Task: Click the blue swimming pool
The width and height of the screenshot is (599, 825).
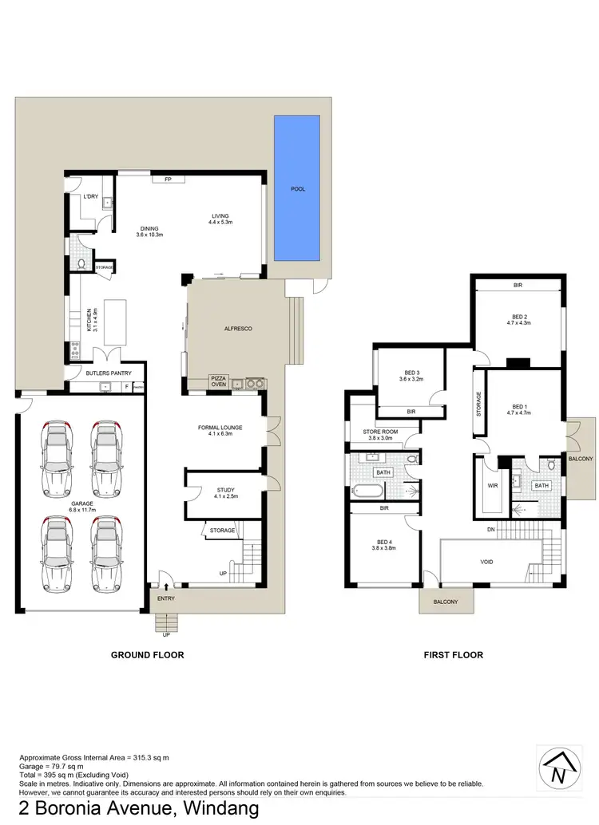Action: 297,188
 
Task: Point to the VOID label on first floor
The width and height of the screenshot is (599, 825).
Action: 486,562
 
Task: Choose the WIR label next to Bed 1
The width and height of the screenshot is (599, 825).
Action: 493,484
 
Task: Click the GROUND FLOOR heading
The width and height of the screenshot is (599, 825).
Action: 148,654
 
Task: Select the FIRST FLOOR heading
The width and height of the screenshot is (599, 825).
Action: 454,654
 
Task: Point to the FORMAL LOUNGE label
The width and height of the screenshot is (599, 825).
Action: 220,431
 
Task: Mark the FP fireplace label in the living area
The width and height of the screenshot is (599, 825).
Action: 168,179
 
